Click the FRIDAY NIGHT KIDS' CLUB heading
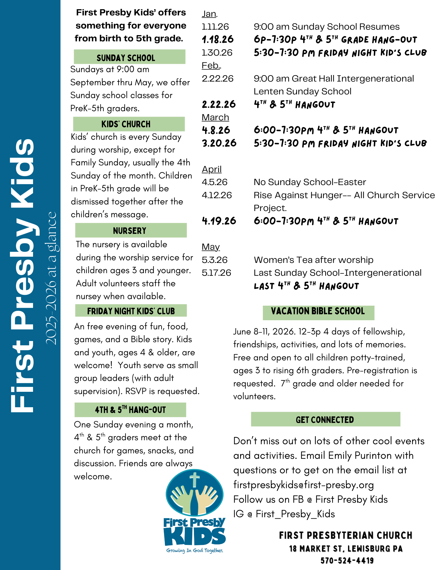click(131, 311)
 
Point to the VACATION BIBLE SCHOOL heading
click(318, 311)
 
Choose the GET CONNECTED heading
click(325, 419)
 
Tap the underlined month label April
click(212, 169)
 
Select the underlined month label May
click(211, 247)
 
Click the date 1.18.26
click(218, 39)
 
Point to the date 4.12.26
click(217, 195)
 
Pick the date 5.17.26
click(216, 273)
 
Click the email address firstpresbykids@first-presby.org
click(304, 484)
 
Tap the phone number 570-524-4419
click(347, 561)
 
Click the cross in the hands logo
click(195, 480)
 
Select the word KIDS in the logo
click(195, 537)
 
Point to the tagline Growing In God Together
click(195, 550)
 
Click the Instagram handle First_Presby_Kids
click(295, 514)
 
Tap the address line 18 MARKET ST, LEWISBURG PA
click(346, 548)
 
